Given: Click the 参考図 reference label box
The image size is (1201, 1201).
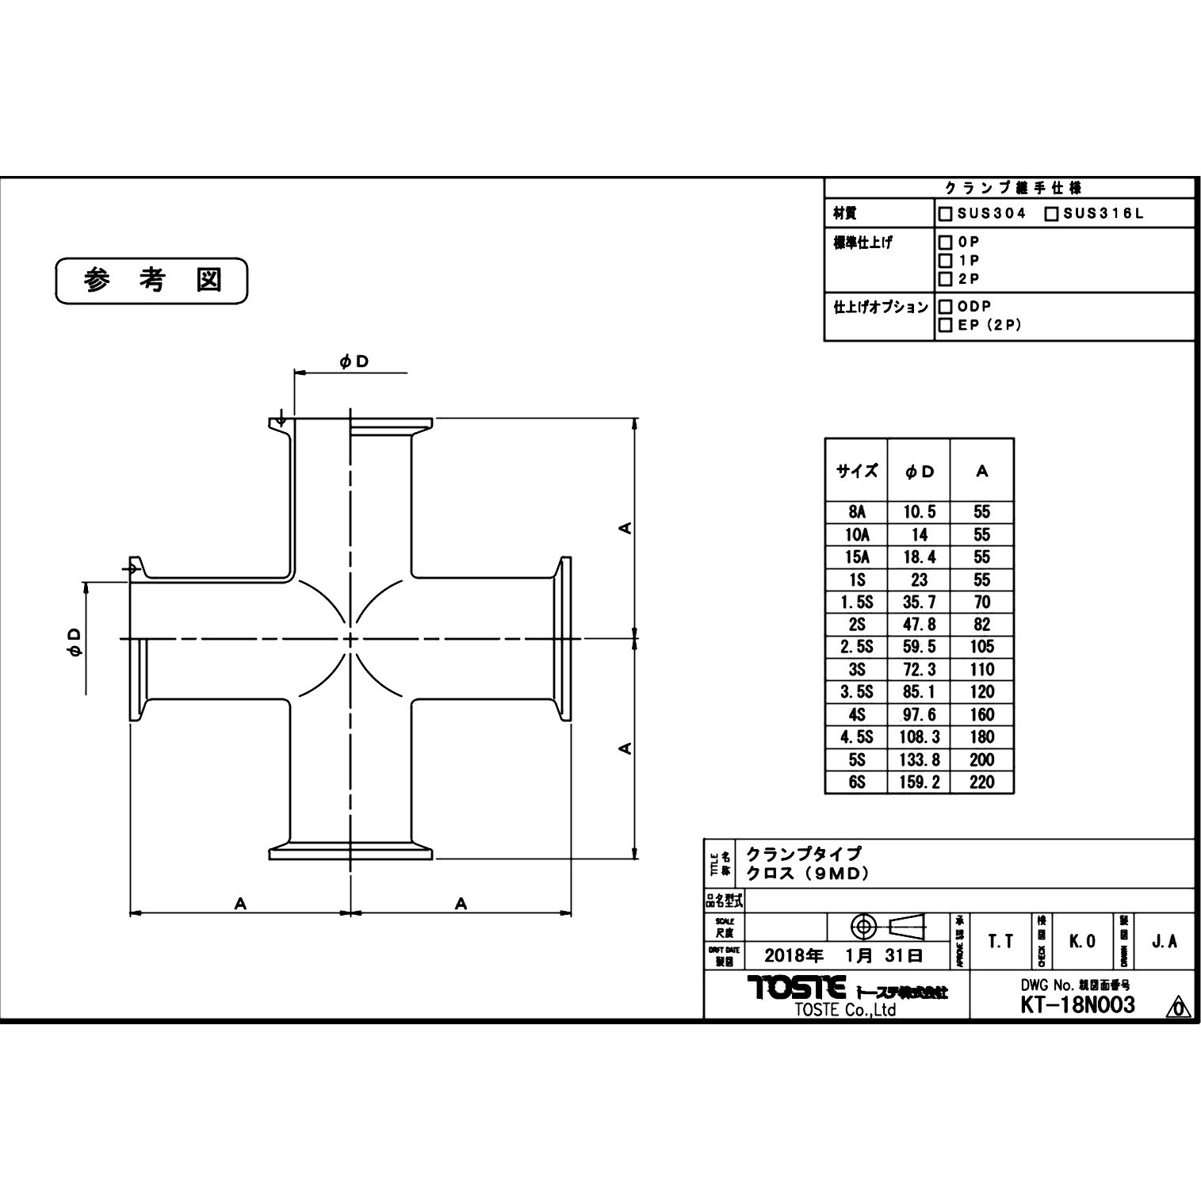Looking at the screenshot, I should [x=151, y=281].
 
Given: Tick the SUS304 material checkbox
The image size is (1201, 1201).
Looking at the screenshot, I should [x=945, y=214].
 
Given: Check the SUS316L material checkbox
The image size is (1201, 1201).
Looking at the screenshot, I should [x=1051, y=214].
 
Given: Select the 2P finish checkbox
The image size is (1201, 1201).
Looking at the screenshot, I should [x=945, y=279].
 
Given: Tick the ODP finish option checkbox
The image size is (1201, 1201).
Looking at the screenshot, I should [x=945, y=306].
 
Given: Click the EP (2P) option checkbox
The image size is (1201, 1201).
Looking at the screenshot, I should [x=945, y=325].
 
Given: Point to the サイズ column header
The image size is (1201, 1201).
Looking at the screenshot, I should [x=856, y=471].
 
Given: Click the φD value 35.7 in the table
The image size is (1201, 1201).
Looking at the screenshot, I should [x=919, y=602].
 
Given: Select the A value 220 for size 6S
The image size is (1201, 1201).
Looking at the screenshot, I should [x=981, y=782].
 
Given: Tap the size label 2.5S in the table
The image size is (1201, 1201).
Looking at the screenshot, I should [x=856, y=647].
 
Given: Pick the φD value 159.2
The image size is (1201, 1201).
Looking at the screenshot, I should [x=919, y=782].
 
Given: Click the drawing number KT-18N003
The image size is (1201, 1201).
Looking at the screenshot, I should [x=1077, y=1005].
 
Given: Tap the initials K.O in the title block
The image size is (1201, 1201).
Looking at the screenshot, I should [x=1082, y=941].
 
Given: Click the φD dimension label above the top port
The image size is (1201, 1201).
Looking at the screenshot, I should [x=354, y=361].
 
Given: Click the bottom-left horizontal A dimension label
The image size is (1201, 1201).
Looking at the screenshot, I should [x=240, y=904].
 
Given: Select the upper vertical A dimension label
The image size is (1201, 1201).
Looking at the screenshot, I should [x=625, y=527].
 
